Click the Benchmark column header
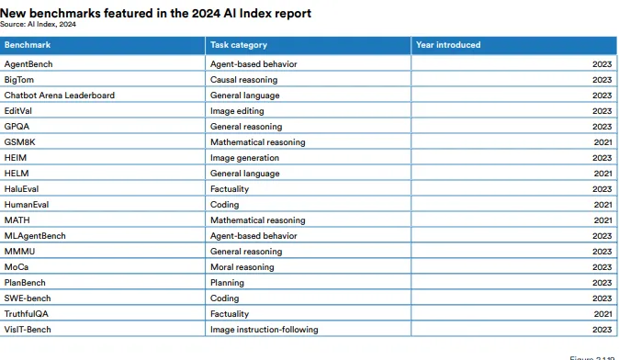pyautogui.click(x=28, y=45)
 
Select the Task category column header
pyautogui.click(x=239, y=45)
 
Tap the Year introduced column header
pyautogui.click(x=448, y=45)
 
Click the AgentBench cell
pyautogui.click(x=28, y=64)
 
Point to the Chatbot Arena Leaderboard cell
pyautogui.click(x=59, y=96)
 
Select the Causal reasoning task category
pyautogui.click(x=243, y=80)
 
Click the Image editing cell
pyautogui.click(x=237, y=111)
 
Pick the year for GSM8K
pyautogui.click(x=602, y=142)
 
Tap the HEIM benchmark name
pyautogui.click(x=16, y=158)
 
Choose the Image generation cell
pyautogui.click(x=244, y=158)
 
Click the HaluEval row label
pyautogui.click(x=21, y=189)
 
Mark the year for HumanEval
pyautogui.click(x=602, y=205)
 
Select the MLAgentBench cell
pyautogui.click(x=35, y=236)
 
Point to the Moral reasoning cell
pyautogui.click(x=242, y=267)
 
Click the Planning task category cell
pyautogui.click(x=227, y=283)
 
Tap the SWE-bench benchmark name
pyautogui.click(x=28, y=298)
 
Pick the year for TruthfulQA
pyautogui.click(x=602, y=314)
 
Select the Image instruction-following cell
pyautogui.click(x=264, y=330)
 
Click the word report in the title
pyautogui.click(x=293, y=14)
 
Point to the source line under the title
pyautogui.click(x=38, y=24)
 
